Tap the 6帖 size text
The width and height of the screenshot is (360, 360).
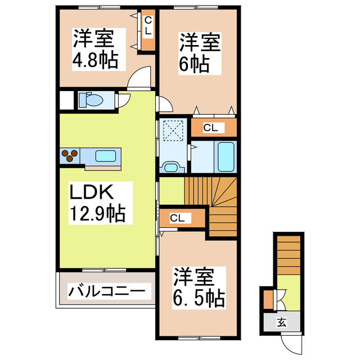pyautogui.click(x=195, y=64)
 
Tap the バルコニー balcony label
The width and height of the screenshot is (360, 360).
pyautogui.click(x=107, y=291)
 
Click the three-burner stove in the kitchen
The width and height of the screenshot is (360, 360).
pyautogui.click(x=70, y=155)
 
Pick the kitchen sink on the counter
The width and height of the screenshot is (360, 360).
pyautogui.click(x=105, y=156)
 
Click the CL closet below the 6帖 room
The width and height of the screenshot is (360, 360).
pyautogui.click(x=210, y=128)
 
